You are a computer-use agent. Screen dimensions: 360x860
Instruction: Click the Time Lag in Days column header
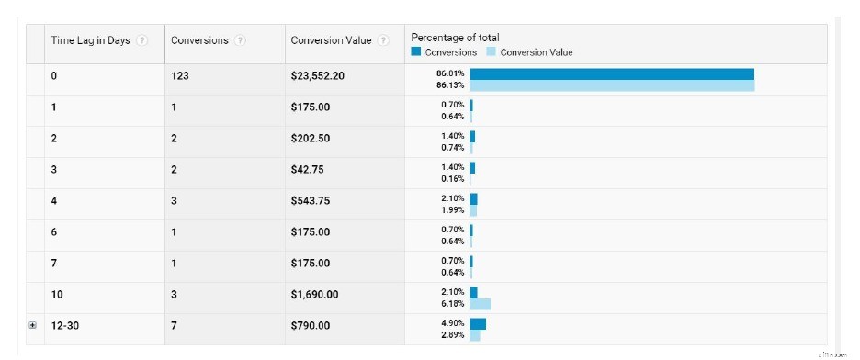pos(90,41)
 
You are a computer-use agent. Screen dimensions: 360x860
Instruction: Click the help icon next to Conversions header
pos(240,41)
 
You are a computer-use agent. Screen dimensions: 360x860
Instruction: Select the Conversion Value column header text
pos(332,41)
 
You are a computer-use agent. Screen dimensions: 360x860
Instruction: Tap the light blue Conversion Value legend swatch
pos(491,52)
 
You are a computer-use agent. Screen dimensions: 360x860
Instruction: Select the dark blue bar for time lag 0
pos(612,74)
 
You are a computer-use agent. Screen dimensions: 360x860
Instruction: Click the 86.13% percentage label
pos(450,85)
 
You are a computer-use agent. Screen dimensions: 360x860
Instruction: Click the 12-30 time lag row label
pos(64,326)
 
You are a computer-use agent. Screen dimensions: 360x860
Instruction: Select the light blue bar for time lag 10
pos(480,304)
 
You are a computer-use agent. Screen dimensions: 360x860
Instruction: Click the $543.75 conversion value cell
pos(311,201)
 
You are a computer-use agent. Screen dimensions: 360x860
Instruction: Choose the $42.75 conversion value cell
pos(307,170)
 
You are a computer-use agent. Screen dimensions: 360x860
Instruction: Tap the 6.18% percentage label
pos(452,304)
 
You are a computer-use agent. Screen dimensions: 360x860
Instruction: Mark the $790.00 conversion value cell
pos(311,326)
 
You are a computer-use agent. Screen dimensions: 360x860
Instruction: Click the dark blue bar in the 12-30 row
pos(478,323)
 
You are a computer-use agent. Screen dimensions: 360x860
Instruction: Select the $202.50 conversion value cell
pos(311,139)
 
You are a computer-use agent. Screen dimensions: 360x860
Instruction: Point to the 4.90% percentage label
pos(452,323)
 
